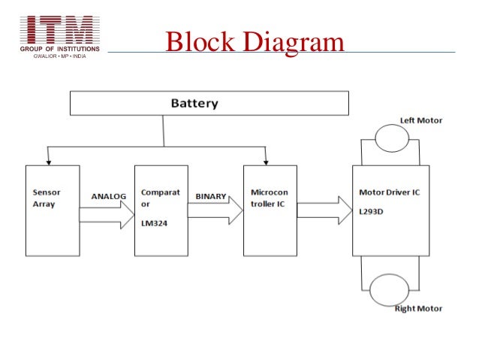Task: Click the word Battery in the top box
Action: click(x=194, y=104)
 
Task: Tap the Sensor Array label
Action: click(x=47, y=198)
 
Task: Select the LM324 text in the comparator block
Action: click(x=154, y=223)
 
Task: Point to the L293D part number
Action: click(x=371, y=212)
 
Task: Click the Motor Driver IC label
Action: click(x=389, y=192)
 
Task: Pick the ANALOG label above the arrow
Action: click(x=108, y=196)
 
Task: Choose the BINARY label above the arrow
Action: click(x=211, y=196)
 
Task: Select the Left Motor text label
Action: click(x=421, y=120)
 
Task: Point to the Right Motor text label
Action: click(x=418, y=309)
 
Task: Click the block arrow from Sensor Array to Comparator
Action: click(x=107, y=215)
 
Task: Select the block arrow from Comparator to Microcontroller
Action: click(x=215, y=210)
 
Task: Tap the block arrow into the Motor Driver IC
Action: click(x=325, y=210)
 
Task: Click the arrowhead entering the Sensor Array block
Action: click(x=48, y=163)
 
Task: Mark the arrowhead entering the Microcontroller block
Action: click(x=266, y=163)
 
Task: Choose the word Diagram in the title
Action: click(x=294, y=42)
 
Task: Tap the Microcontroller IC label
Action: click(x=269, y=198)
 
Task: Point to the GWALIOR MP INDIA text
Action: click(x=59, y=56)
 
